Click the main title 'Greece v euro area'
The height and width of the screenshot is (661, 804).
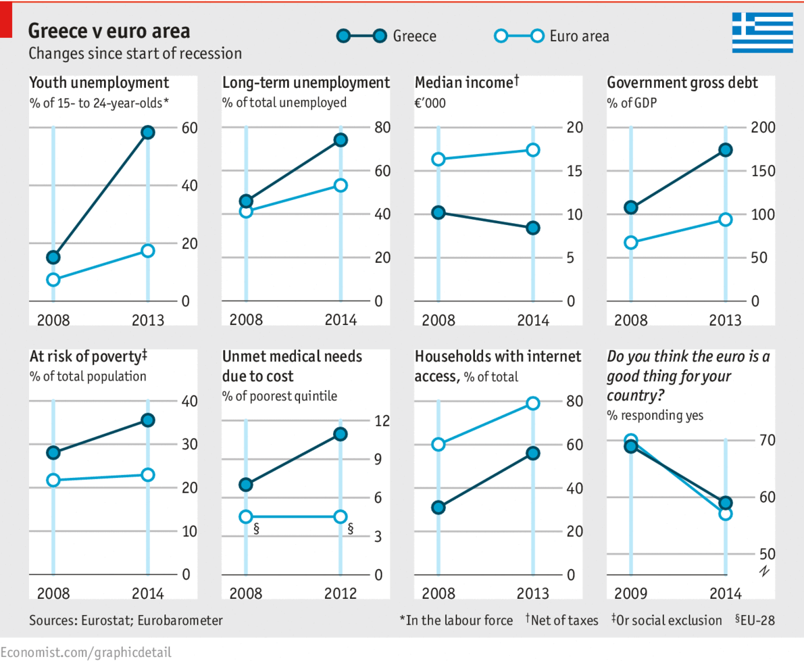(x=109, y=31)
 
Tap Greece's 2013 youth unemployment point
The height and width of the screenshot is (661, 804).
(x=148, y=132)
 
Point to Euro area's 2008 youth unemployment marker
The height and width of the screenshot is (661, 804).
(x=53, y=280)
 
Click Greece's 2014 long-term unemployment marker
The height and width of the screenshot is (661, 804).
(x=341, y=140)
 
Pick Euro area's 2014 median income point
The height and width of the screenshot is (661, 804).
(x=533, y=150)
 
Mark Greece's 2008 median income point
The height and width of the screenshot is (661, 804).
(x=438, y=212)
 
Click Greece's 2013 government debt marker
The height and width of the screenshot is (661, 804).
(x=726, y=150)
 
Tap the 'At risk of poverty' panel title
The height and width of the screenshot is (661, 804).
(x=89, y=356)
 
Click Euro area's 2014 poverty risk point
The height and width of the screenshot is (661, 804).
(x=148, y=475)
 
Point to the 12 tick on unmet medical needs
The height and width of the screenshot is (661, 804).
(x=382, y=421)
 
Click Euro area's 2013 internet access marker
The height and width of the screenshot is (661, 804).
(x=533, y=403)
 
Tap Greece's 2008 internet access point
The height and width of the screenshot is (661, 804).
(x=438, y=508)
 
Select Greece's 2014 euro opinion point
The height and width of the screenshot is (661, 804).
(x=726, y=503)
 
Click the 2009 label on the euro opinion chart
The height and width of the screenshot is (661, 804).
(x=630, y=594)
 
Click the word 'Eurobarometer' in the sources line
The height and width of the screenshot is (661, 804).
(x=180, y=620)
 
